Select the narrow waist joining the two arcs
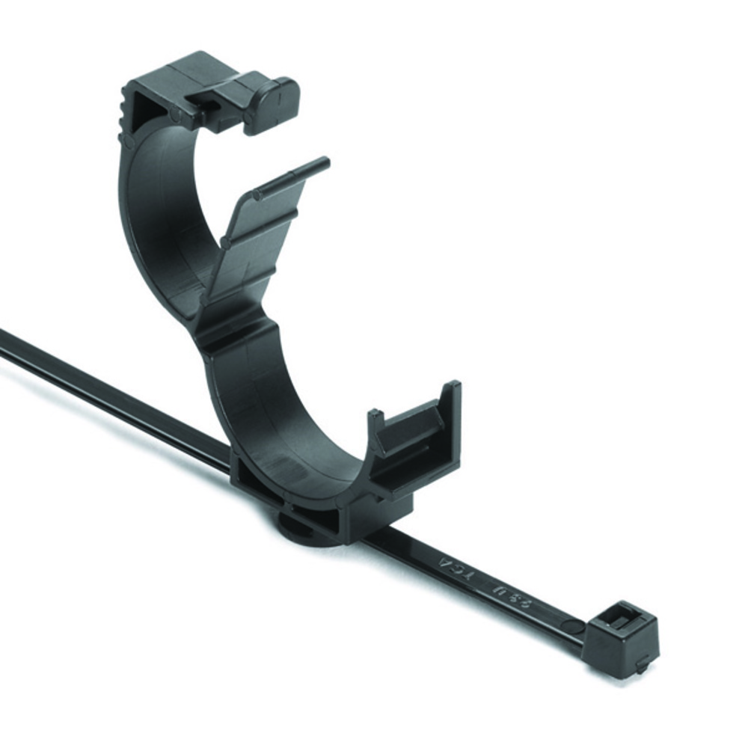[224, 329]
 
